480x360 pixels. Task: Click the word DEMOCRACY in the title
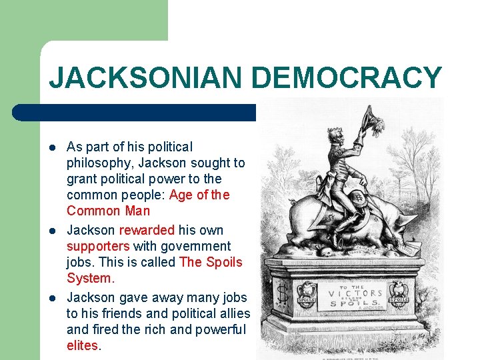click(346, 78)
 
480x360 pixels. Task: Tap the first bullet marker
click(52, 147)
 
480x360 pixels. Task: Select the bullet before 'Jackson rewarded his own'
click(52, 230)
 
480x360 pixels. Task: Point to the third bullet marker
click(52, 297)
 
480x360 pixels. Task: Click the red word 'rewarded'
click(147, 230)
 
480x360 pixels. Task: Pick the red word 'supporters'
click(98, 247)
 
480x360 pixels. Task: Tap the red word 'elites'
click(82, 345)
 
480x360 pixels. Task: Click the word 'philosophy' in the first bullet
click(99, 163)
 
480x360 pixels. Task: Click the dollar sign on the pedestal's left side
click(282, 292)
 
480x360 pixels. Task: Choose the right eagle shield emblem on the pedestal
click(399, 295)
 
